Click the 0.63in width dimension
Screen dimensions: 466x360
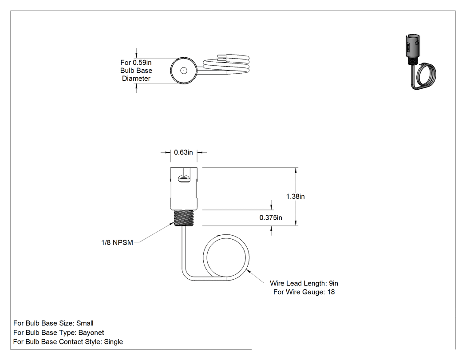coord(183,153)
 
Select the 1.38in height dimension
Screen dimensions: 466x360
coord(296,197)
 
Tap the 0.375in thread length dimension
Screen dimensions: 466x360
coord(271,218)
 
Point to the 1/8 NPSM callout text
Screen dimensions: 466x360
coord(117,242)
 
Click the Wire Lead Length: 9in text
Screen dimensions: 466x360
coord(304,283)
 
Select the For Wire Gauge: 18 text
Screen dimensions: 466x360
coord(304,292)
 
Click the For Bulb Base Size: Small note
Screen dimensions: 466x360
coord(54,323)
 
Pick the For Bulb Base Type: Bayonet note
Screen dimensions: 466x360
coord(59,332)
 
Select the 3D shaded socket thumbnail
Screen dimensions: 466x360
coord(420,62)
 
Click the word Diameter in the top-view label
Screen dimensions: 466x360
coord(136,79)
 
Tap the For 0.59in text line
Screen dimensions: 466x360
coord(136,63)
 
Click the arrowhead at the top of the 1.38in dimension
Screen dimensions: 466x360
coord(296,170)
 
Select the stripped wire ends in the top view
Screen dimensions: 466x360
coord(223,57)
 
